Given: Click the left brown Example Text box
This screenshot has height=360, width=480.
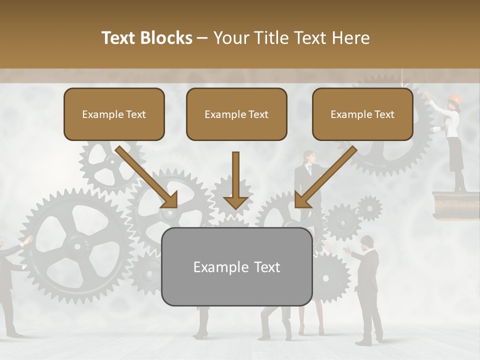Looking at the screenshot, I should tap(114, 114).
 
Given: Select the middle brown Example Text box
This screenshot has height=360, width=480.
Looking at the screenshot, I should tap(236, 114).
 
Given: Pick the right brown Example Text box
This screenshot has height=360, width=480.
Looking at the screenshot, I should tap(362, 114).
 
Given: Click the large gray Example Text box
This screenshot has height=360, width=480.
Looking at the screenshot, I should tap(236, 266).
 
